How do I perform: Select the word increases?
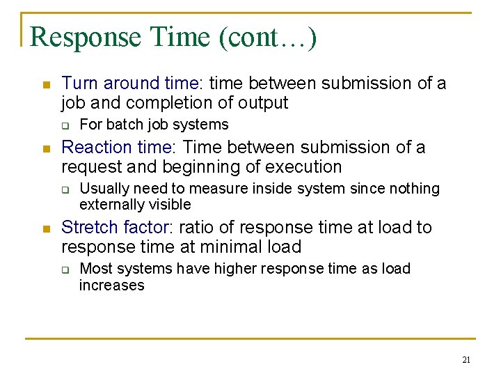pos(111,285)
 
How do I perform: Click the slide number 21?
pos(466,360)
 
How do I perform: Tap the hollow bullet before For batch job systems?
pos(65,126)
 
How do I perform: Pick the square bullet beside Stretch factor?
pos(45,229)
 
